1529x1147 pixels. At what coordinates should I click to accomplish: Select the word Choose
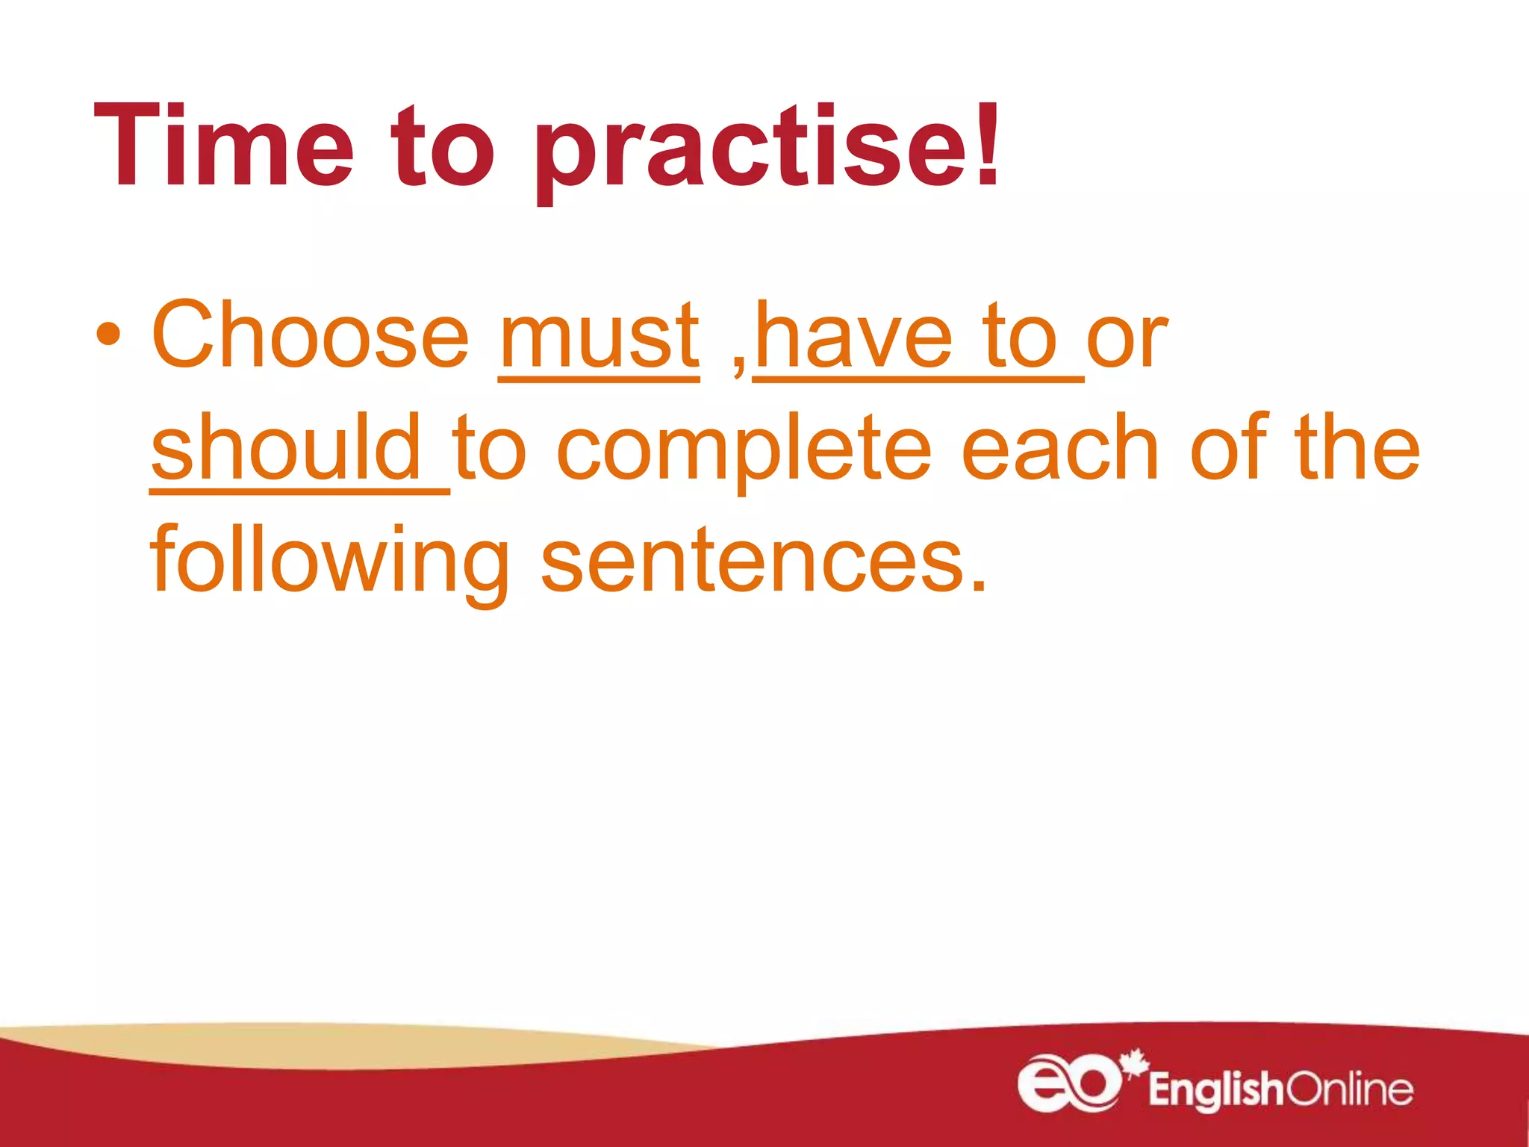[310, 335]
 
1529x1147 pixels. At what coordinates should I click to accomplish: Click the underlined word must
[599, 338]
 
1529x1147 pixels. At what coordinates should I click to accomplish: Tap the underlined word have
[854, 338]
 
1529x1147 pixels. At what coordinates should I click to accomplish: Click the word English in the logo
[1215, 1090]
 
